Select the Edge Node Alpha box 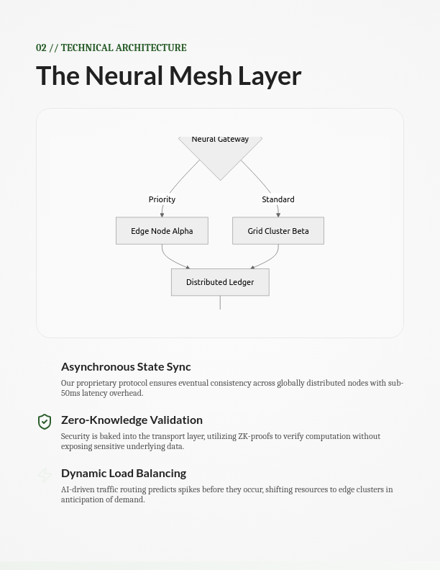pyautogui.click(x=162, y=231)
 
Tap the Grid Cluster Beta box pyautogui.click(x=278, y=231)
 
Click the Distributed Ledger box pyautogui.click(x=220, y=282)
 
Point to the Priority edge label pyautogui.click(x=162, y=199)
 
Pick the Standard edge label pyautogui.click(x=278, y=199)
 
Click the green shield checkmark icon pyautogui.click(x=45, y=421)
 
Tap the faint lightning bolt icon pyautogui.click(x=45, y=475)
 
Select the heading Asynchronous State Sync pyautogui.click(x=126, y=367)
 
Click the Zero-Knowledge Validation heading pyautogui.click(x=132, y=420)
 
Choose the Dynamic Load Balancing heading pyautogui.click(x=124, y=473)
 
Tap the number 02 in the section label pyautogui.click(x=41, y=48)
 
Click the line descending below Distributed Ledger pyautogui.click(x=220, y=302)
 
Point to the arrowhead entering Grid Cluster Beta pyautogui.click(x=278, y=214)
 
